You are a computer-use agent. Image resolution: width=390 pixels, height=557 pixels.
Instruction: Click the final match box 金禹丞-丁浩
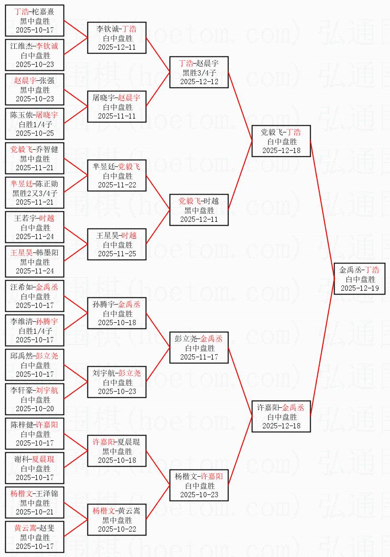coord(359,279)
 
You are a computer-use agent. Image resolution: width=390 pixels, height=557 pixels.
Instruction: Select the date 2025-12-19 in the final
coord(359,288)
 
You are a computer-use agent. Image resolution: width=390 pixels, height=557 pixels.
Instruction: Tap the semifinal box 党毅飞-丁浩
coord(281,142)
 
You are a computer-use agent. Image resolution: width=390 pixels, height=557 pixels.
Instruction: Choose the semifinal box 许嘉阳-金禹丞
coord(281,417)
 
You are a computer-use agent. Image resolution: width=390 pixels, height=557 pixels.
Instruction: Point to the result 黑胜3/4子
coord(199,73)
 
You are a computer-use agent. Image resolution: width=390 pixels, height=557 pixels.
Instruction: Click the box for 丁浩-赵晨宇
coord(199,73)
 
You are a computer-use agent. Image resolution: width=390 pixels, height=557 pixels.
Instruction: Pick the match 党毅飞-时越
coord(199,210)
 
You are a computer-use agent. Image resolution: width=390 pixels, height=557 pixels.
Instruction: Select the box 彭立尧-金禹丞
coord(199,348)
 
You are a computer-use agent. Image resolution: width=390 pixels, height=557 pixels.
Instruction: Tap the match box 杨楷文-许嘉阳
coord(199,486)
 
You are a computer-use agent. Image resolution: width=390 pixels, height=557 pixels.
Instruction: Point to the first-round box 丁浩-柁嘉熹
coord(35,21)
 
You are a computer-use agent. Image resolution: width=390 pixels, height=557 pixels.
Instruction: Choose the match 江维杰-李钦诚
coord(35,55)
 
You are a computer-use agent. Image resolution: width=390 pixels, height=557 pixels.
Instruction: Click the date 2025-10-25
coord(35,133)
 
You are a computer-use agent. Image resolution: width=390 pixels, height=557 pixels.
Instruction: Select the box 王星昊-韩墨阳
coord(35,262)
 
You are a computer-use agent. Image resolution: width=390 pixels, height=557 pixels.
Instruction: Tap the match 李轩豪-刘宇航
coord(35,400)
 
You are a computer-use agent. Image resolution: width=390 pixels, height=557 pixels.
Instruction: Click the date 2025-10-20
coord(35,409)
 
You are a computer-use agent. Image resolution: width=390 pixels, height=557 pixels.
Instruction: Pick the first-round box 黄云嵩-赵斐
coord(35,537)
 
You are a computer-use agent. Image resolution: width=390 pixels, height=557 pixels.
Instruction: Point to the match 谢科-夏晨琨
coord(35,469)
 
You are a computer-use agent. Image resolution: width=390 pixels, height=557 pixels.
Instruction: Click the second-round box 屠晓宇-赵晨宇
coord(117,107)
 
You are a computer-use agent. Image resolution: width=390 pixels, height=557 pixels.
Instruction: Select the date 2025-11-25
coord(117,254)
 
